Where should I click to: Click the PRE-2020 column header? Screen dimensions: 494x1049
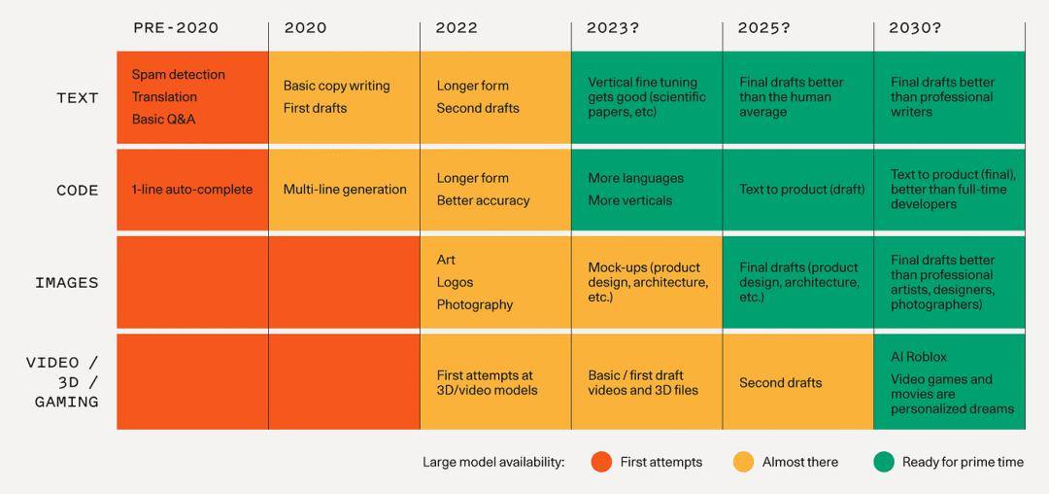[x=176, y=27]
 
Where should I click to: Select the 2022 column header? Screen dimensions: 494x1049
[x=457, y=27]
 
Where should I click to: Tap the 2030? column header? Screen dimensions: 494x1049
[x=915, y=27]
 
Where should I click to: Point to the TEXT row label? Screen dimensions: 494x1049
[x=78, y=97]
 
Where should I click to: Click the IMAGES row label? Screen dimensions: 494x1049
[x=67, y=283]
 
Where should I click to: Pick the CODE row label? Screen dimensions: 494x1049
[x=78, y=191]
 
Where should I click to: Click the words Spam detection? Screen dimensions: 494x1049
[x=178, y=75]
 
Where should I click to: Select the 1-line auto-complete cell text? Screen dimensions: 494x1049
[x=192, y=190]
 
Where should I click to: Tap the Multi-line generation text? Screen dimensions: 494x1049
[x=345, y=190]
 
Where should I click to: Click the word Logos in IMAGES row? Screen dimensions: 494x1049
[x=455, y=282]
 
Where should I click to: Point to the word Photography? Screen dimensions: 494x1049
[x=474, y=304]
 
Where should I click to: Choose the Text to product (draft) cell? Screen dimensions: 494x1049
[x=801, y=190]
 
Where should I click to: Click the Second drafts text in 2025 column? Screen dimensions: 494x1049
[x=780, y=382]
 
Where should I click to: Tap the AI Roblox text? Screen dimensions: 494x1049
[x=918, y=357]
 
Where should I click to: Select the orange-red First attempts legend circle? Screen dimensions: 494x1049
[x=601, y=462]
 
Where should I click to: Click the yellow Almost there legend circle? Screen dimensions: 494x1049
[x=743, y=462]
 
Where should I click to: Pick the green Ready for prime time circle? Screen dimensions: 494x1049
[x=883, y=462]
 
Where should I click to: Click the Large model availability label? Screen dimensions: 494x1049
[x=493, y=462]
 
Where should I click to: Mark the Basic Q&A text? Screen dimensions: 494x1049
[x=163, y=120]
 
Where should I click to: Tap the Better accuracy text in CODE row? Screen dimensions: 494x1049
[x=483, y=200]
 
